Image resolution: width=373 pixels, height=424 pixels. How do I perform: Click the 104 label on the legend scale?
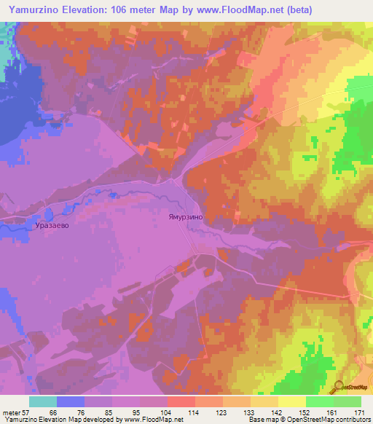166,412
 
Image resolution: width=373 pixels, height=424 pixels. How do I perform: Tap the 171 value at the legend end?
360,412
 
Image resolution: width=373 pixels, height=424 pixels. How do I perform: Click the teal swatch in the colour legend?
42,401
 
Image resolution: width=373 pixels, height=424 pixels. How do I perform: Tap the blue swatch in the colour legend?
70,401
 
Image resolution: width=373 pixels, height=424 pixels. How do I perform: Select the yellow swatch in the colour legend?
292,401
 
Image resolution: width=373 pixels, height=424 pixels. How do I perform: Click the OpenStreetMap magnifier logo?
338,387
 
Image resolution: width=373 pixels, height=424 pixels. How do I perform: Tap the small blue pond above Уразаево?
48,214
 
